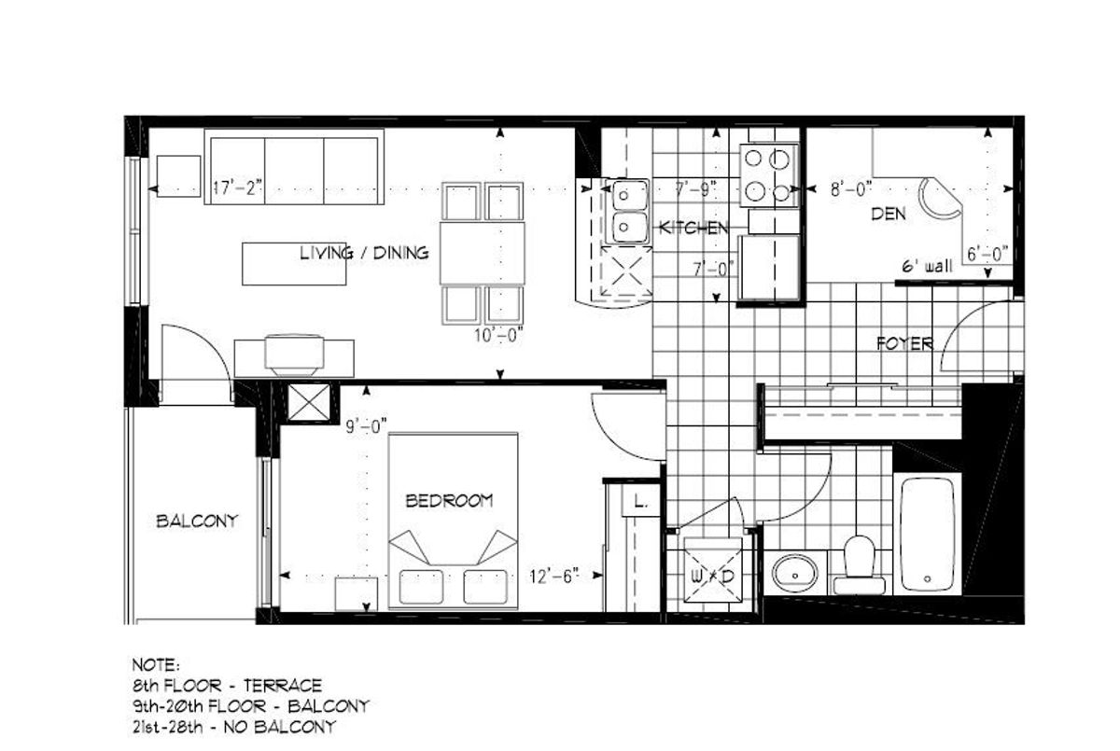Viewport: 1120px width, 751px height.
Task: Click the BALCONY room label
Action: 197,522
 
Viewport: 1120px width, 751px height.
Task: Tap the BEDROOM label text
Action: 449,500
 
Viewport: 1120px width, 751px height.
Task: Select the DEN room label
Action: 888,214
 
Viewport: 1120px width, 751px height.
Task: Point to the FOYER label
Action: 904,343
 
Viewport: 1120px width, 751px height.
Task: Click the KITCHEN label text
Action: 693,228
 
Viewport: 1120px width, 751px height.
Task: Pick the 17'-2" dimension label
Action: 237,188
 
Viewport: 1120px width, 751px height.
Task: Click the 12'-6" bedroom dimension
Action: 554,577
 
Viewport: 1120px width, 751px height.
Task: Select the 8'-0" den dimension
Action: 851,189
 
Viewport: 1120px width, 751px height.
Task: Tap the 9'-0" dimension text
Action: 367,426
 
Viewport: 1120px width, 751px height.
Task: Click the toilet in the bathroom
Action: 859,565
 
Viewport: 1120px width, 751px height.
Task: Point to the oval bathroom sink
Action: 794,574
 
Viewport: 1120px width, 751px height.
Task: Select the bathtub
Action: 928,535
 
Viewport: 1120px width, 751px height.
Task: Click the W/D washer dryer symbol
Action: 712,577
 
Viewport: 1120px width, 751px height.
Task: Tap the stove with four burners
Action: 769,174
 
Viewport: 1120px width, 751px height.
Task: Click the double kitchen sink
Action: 628,212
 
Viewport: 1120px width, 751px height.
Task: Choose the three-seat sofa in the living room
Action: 294,167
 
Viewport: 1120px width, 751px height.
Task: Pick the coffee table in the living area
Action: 294,264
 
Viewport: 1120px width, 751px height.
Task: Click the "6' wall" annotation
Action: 927,266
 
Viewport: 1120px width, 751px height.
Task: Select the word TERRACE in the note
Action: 283,685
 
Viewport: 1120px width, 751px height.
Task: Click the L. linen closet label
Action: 640,501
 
